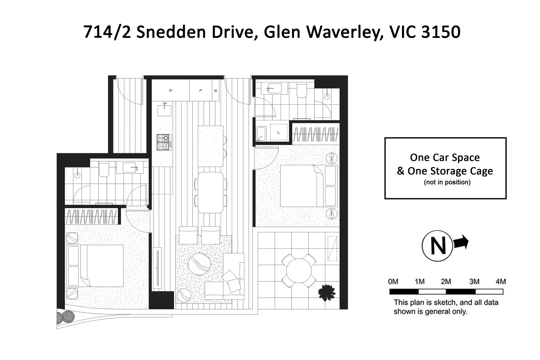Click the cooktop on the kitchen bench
click(164, 142)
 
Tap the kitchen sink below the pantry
click(164, 109)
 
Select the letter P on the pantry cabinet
click(171, 91)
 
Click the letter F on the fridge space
click(201, 91)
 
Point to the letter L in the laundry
click(279, 132)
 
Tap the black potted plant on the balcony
click(326, 293)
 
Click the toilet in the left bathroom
click(104, 169)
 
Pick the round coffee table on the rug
click(199, 263)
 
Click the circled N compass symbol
click(438, 246)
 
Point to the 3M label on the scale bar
click(474, 281)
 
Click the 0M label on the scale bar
click(393, 281)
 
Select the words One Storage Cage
click(450, 171)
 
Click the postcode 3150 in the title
click(441, 32)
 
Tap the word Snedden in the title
click(171, 32)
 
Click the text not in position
click(447, 182)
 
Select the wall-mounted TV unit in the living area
click(157, 268)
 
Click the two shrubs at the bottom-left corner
click(65, 316)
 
